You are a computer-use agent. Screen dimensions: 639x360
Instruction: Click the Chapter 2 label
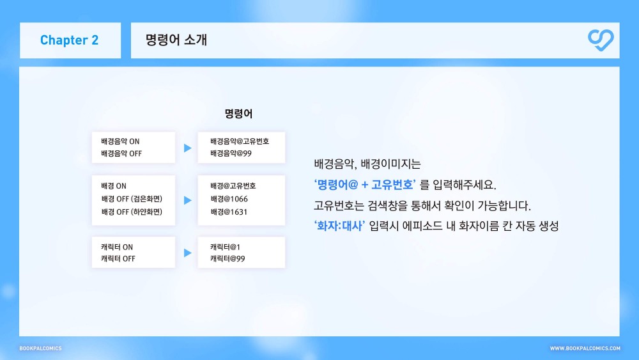(x=69, y=40)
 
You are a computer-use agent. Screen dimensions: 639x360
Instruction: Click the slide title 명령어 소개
(x=176, y=40)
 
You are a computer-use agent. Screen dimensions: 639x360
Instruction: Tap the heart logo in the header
(x=601, y=40)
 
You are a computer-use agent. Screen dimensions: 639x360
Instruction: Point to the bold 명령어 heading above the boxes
(x=238, y=113)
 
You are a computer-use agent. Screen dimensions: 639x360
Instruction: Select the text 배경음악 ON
(x=120, y=141)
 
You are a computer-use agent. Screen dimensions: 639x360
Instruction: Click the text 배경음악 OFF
(x=121, y=153)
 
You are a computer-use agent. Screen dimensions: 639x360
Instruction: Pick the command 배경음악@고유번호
(x=240, y=141)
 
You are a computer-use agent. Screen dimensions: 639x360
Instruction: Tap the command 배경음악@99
(x=231, y=153)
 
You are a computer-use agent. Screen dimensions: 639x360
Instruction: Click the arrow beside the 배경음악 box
(x=187, y=148)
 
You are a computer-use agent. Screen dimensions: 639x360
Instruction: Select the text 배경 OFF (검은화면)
(x=132, y=199)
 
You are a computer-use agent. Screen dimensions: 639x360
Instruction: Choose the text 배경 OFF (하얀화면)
(x=132, y=212)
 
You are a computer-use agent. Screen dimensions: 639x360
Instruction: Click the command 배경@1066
(x=229, y=199)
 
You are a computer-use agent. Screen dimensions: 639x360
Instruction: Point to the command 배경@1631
(x=229, y=212)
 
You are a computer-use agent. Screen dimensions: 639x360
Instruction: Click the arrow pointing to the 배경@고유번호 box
(x=187, y=200)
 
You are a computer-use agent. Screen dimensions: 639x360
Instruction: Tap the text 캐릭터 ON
(x=117, y=247)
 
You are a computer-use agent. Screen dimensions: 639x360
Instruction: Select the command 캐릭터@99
(x=227, y=259)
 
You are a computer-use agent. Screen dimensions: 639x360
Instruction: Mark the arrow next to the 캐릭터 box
(x=187, y=253)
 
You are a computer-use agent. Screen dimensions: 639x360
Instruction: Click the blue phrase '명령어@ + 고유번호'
(x=365, y=185)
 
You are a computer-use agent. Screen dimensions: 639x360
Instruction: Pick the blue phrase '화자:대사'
(x=339, y=226)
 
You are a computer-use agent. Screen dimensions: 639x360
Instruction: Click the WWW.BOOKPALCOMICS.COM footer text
(x=585, y=348)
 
